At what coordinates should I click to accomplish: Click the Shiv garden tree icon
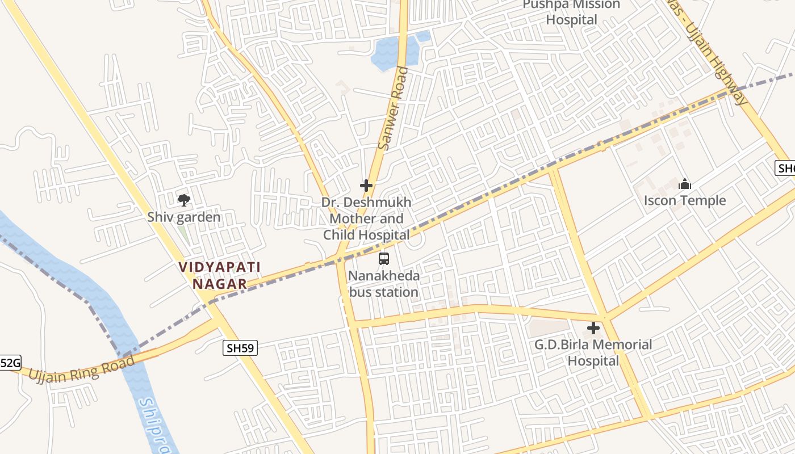click(x=183, y=200)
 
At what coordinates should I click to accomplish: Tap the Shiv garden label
click(x=184, y=217)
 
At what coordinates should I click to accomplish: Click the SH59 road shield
click(x=240, y=348)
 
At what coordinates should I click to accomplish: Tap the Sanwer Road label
click(x=393, y=108)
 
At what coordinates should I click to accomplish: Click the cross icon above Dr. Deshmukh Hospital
click(x=366, y=185)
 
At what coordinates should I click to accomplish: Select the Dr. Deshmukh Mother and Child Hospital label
click(x=366, y=218)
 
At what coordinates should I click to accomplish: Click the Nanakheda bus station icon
click(x=384, y=259)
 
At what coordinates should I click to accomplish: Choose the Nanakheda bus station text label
click(x=384, y=284)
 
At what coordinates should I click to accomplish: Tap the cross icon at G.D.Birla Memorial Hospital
click(x=593, y=328)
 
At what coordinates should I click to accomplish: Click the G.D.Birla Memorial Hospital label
click(x=593, y=352)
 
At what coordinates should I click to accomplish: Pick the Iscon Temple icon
click(x=685, y=184)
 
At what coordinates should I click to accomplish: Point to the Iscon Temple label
click(x=685, y=200)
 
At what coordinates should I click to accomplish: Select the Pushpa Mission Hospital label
click(x=571, y=12)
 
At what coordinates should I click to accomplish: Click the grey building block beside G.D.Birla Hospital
click(x=548, y=327)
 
